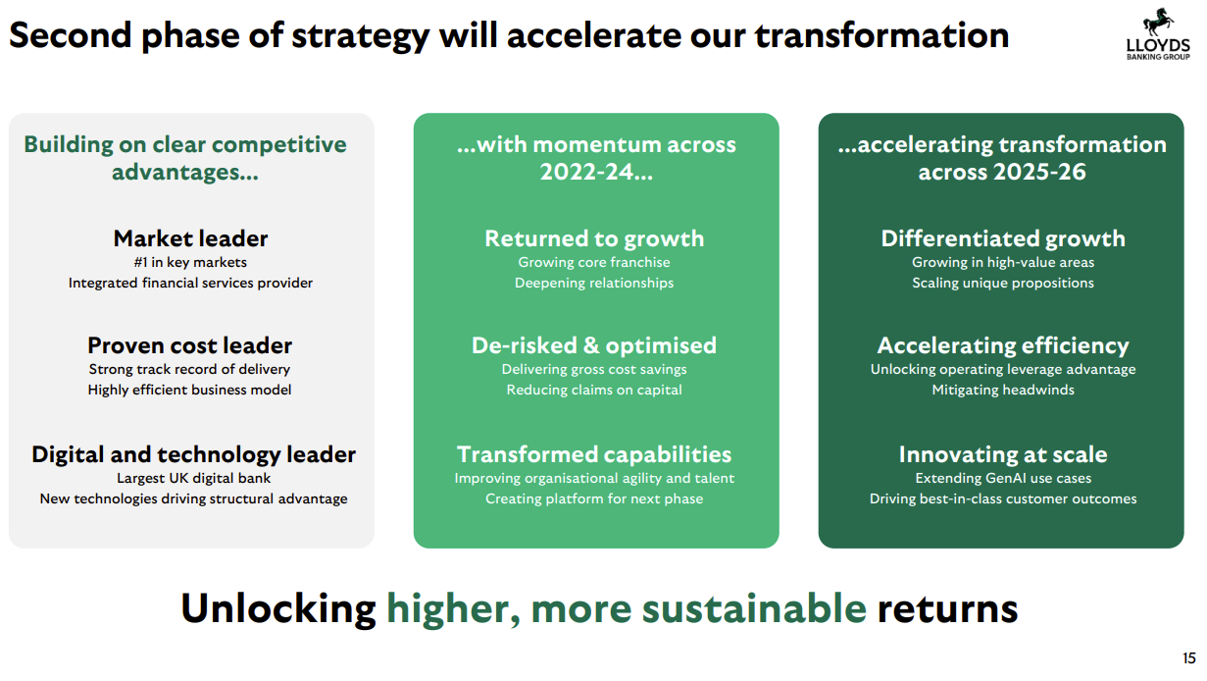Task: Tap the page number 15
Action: tap(1189, 657)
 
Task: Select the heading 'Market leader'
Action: tap(190, 238)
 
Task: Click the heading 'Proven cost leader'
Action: tap(189, 345)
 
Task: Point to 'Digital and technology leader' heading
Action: tap(193, 454)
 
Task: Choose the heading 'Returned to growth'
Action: tap(594, 238)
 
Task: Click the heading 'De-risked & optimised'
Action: tap(594, 345)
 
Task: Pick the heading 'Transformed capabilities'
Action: tap(594, 454)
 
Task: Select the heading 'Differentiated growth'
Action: tap(1003, 238)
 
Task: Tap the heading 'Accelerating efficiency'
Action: tap(1003, 345)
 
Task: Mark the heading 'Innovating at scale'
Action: tap(1003, 454)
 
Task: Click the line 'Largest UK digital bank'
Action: tap(193, 478)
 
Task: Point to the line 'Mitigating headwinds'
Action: tap(1003, 390)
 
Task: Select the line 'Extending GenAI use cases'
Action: tap(1003, 478)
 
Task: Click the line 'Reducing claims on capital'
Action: tap(594, 390)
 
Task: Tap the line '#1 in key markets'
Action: tap(190, 263)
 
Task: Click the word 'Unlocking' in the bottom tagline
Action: tap(278, 608)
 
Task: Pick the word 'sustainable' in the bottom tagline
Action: tap(754, 608)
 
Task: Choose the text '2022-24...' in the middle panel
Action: tap(596, 172)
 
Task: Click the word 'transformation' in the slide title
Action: tap(881, 35)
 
